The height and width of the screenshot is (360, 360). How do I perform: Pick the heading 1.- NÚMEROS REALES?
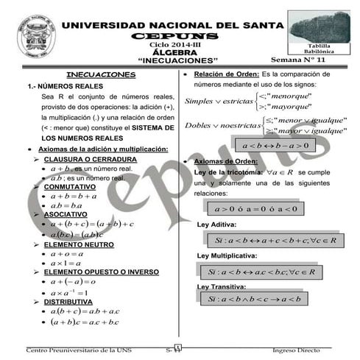click(56, 86)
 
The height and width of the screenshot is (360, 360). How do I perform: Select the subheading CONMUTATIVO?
click(74, 187)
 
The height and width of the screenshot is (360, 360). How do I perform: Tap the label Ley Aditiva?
click(217, 225)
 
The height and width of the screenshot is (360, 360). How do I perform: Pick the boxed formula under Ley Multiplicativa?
click(261, 272)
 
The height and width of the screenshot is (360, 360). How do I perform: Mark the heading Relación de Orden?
click(226, 74)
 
